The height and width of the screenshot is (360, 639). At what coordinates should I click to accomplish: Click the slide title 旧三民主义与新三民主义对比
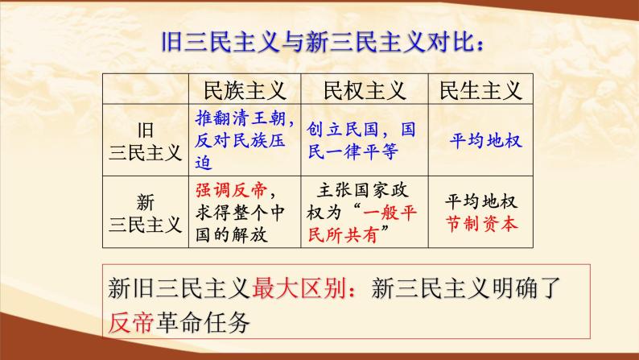pos(319,41)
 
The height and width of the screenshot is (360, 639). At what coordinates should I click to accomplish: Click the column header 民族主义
pos(244,89)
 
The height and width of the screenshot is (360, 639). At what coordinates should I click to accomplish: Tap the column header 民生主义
pos(480,89)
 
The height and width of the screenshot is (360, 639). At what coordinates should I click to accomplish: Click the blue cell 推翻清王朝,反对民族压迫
pos(244,140)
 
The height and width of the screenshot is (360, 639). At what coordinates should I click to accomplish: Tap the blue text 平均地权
pos(486,140)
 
